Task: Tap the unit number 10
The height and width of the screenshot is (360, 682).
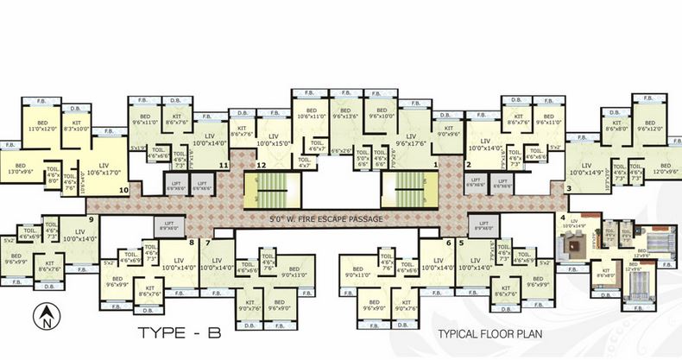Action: (124, 188)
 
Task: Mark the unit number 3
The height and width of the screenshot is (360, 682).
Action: (568, 187)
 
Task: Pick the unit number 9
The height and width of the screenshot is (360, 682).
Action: (91, 219)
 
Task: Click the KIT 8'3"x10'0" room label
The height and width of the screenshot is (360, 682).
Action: (76, 126)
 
